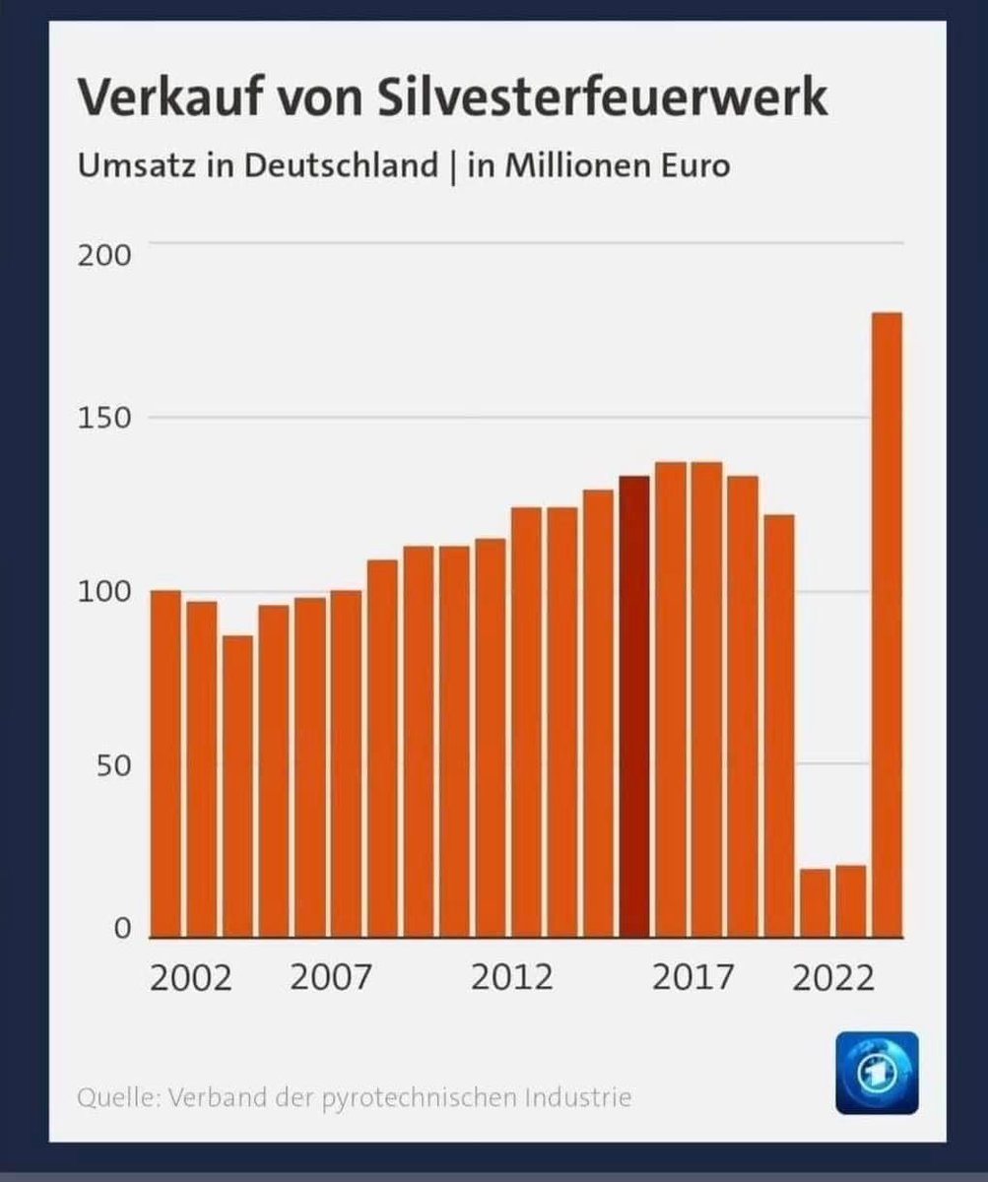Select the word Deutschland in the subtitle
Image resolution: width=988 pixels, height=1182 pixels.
341,164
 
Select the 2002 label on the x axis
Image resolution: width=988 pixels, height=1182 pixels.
191,978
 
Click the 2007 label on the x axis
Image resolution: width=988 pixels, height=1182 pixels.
332,978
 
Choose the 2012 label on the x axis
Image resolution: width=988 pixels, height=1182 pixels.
512,978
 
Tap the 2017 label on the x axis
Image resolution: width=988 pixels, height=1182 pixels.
693,978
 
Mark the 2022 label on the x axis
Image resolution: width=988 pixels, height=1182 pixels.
833,978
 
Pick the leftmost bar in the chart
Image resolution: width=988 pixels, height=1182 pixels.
165,763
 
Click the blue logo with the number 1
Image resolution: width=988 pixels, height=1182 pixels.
876,1073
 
